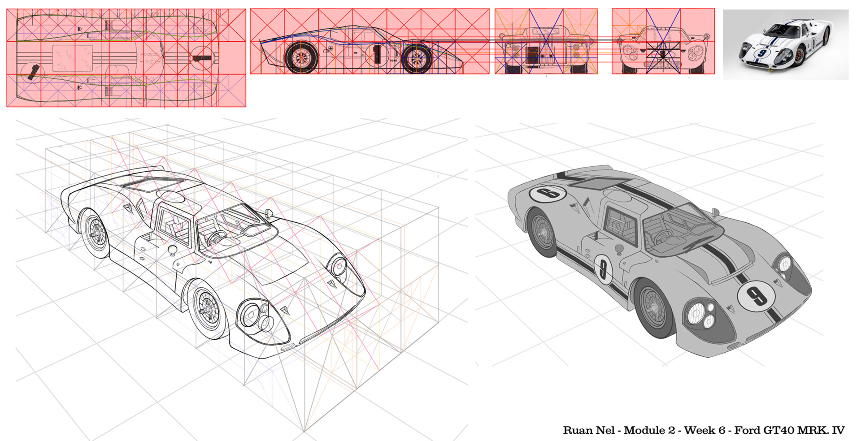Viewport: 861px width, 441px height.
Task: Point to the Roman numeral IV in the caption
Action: point(838,431)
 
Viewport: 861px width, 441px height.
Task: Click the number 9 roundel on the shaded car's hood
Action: point(756,295)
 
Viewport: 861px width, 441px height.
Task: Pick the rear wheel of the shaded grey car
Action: point(542,232)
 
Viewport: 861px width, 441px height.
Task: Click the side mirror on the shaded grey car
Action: point(715,212)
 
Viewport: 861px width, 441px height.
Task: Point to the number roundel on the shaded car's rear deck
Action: point(548,194)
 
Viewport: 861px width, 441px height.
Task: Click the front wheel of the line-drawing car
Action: point(207,309)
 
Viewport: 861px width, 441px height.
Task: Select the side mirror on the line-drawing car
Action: point(269,213)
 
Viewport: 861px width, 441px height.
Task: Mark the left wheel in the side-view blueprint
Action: point(301,57)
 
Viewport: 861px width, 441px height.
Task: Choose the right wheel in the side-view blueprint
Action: point(417,58)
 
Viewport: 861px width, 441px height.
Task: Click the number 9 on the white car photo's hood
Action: point(762,53)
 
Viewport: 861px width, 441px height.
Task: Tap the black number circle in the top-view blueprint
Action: point(201,58)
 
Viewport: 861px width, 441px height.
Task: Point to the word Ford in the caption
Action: point(747,431)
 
